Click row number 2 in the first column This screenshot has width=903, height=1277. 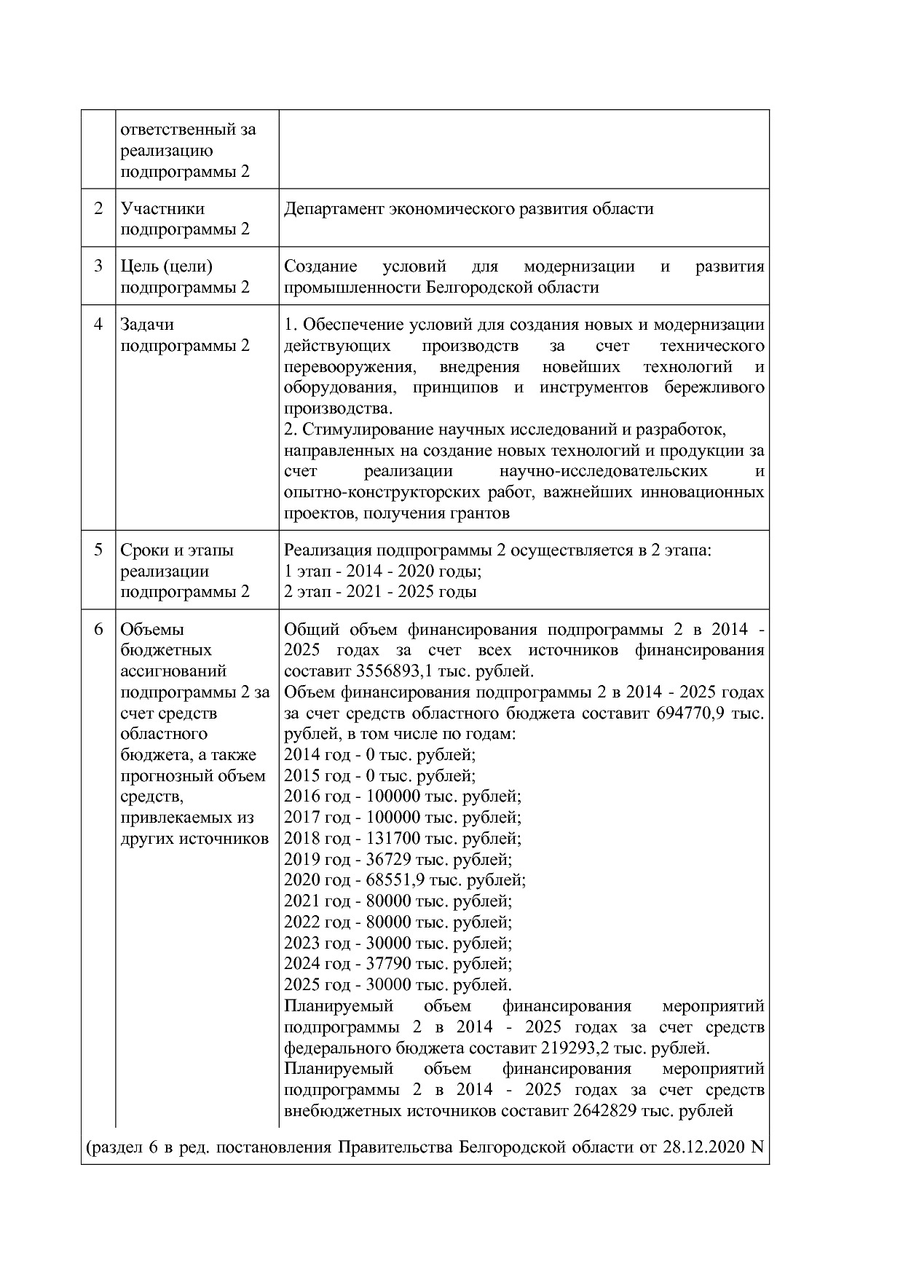pyautogui.click(x=98, y=208)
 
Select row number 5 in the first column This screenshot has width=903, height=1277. pyautogui.click(x=98, y=550)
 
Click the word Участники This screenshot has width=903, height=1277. pyautogui.click(x=162, y=209)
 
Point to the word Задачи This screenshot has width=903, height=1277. pyautogui.click(x=147, y=325)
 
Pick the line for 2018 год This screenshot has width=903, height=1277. pyautogui.click(x=402, y=838)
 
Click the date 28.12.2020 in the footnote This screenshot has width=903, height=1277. pyautogui.click(x=703, y=1148)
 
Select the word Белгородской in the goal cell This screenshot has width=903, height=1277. pyautogui.click(x=473, y=288)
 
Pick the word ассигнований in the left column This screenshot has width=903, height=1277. pyautogui.click(x=173, y=671)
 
